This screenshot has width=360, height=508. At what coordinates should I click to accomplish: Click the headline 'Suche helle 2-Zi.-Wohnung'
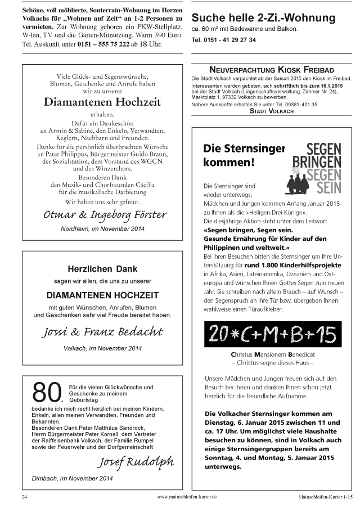[x=263, y=18]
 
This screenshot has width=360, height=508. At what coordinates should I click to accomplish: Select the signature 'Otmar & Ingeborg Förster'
[x=105, y=215]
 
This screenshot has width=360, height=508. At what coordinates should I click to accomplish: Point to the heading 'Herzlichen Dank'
[x=102, y=269]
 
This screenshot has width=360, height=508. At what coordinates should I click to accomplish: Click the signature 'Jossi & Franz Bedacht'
[x=102, y=331]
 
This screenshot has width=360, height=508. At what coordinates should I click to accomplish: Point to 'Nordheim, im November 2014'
[x=103, y=229]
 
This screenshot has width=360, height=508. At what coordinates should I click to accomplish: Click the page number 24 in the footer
[x=24, y=497]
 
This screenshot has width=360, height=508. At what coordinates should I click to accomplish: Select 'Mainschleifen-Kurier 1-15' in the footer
[x=325, y=497]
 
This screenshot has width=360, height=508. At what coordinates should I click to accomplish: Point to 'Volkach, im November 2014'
[x=102, y=348]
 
